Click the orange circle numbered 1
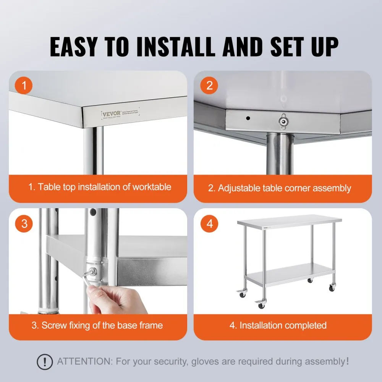pyautogui.click(x=24, y=86)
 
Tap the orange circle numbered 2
pyautogui.click(x=209, y=86)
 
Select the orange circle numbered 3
pyautogui.click(x=24, y=223)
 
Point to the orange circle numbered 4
pyautogui.click(x=209, y=223)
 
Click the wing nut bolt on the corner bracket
pyautogui.click(x=283, y=122)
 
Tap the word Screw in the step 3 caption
pyautogui.click(x=53, y=325)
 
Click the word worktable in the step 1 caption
pyautogui.click(x=152, y=187)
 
